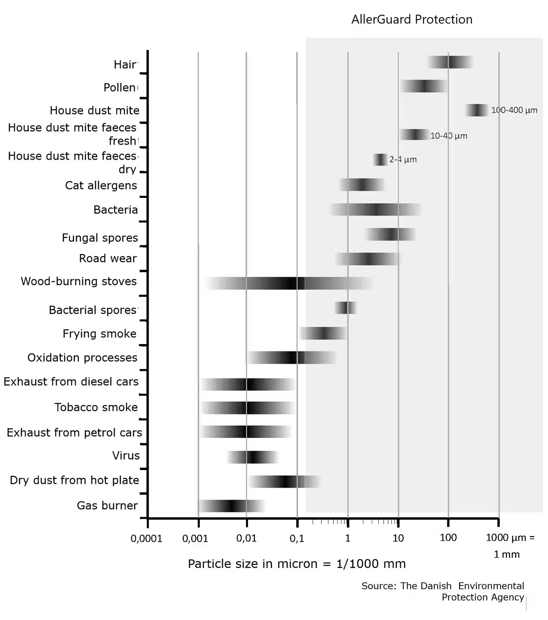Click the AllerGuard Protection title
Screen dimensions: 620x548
[412, 20]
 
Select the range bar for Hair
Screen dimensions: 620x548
[451, 62]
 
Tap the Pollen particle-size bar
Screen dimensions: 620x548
[423, 86]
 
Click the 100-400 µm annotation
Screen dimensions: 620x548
[514, 110]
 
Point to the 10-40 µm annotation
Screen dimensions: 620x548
[449, 136]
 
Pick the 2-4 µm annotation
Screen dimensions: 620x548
[403, 159]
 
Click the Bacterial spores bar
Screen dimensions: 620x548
[345, 308]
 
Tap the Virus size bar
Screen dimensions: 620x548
[252, 457]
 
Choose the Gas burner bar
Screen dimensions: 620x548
[231, 506]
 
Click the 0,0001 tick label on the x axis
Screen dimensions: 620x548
[146, 539]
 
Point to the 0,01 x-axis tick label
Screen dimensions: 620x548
[246, 539]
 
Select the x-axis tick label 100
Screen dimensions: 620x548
[448, 538]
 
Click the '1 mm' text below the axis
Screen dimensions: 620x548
[506, 555]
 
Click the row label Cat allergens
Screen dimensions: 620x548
[101, 186]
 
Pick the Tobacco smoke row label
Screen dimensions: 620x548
[96, 408]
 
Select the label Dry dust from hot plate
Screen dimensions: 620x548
[74, 480]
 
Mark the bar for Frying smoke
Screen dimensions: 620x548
[323, 333]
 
